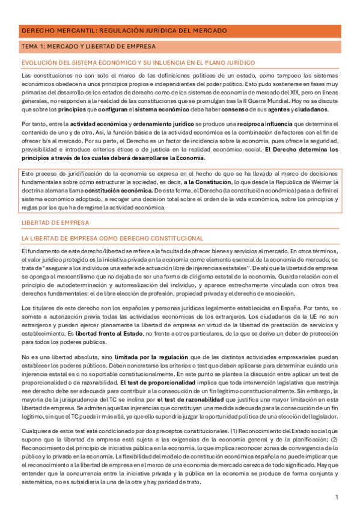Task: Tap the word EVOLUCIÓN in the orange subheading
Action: [x=40, y=63]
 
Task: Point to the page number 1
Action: [x=337, y=497]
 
